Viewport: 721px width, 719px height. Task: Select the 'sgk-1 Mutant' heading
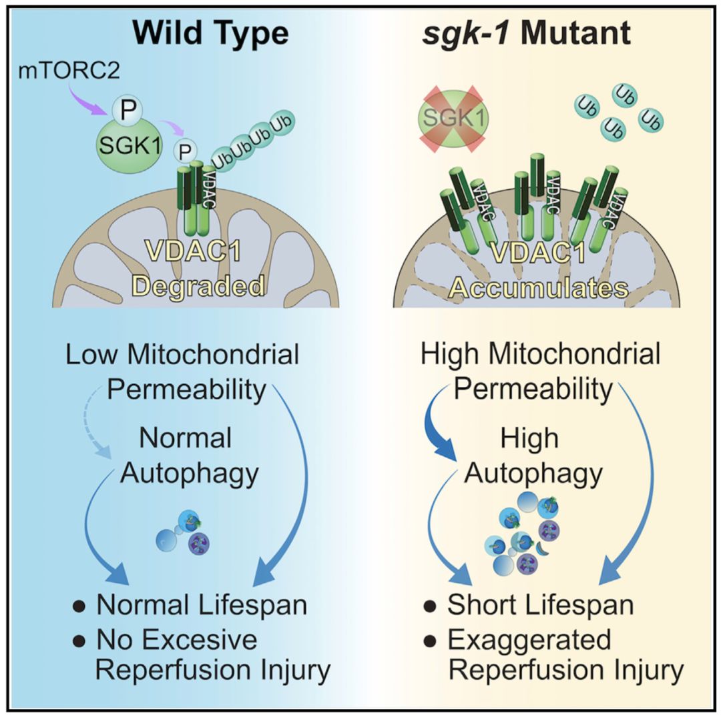coord(527,34)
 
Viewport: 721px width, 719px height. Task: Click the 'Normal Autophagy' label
coord(190,456)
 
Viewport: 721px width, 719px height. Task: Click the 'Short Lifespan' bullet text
coord(539,605)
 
